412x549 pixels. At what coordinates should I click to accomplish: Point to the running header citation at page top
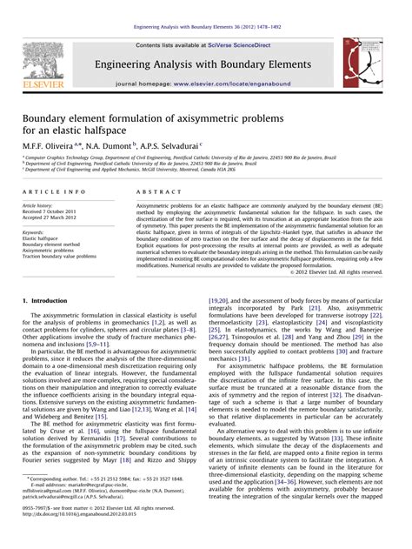205,7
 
